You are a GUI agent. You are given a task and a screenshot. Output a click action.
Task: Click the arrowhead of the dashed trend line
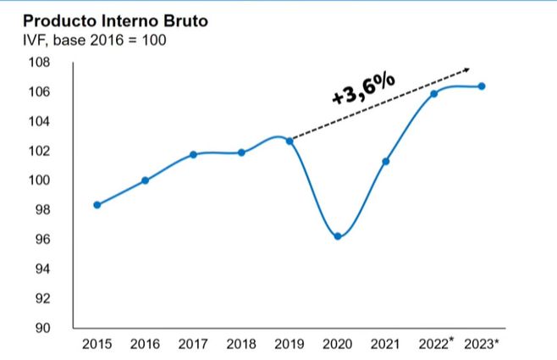point(466,69)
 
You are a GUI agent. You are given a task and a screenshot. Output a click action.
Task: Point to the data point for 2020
point(338,236)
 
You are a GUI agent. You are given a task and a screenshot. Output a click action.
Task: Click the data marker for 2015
point(97,205)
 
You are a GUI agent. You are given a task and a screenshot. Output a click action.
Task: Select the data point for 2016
point(145,180)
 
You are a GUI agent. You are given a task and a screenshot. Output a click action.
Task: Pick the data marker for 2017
point(193,154)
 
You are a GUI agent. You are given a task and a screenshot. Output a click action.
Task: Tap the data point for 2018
point(241,152)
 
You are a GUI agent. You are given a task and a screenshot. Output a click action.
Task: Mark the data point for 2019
point(290,141)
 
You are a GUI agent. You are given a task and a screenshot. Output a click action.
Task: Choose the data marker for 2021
point(386,161)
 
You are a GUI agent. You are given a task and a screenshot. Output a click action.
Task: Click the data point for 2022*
point(433,94)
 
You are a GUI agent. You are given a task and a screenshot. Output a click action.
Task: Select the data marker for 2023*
point(482,86)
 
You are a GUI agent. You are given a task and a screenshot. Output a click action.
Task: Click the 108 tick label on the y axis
point(40,63)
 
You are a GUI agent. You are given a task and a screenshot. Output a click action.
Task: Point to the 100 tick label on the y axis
point(40,180)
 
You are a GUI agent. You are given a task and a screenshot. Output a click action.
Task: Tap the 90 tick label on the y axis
point(42,329)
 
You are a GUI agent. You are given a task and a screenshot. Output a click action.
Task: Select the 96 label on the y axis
point(42,240)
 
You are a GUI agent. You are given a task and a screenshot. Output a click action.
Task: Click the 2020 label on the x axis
point(338,344)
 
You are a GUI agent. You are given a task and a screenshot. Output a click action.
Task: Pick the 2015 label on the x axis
point(97,344)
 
